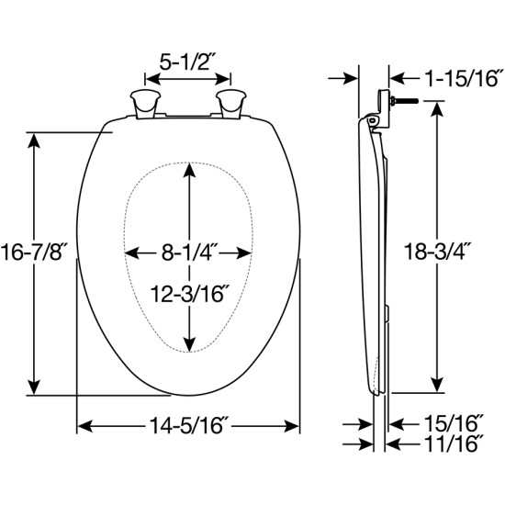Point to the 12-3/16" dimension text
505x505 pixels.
(188, 293)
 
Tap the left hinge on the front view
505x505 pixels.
(145, 103)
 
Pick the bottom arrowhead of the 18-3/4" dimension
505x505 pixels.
(438, 387)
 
